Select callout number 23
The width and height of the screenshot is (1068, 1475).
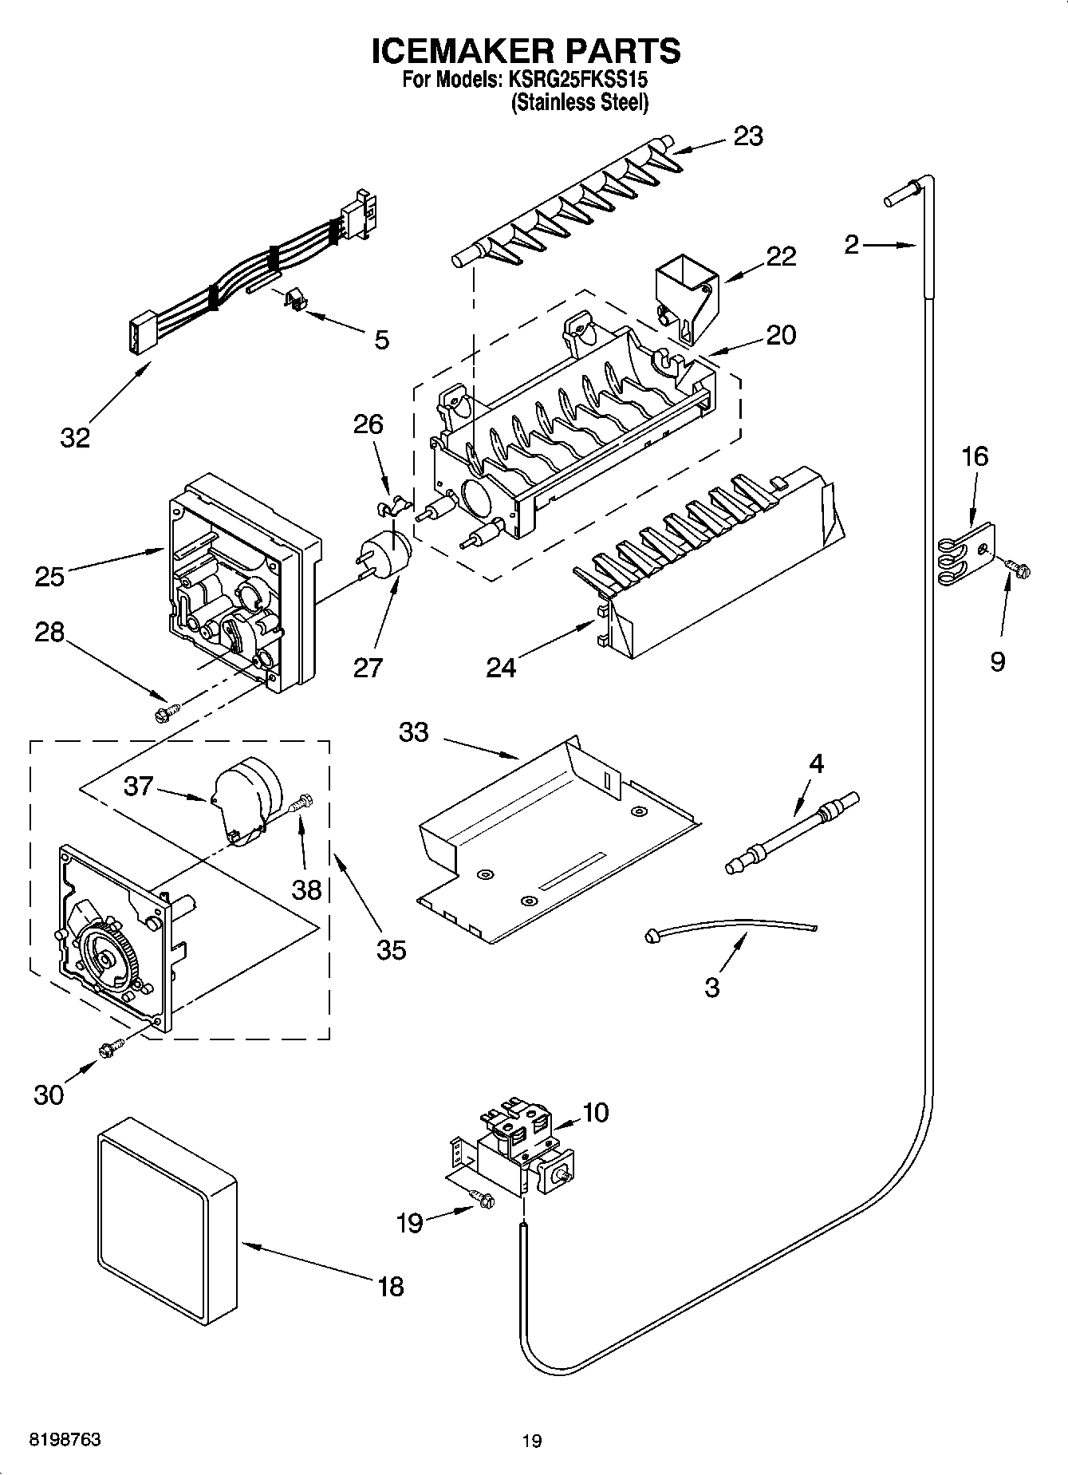(x=748, y=136)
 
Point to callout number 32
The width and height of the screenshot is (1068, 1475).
(x=75, y=437)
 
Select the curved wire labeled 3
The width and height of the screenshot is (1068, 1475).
(x=730, y=928)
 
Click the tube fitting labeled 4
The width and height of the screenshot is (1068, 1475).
(x=792, y=834)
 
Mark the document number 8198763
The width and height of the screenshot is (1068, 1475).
(x=65, y=1440)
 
